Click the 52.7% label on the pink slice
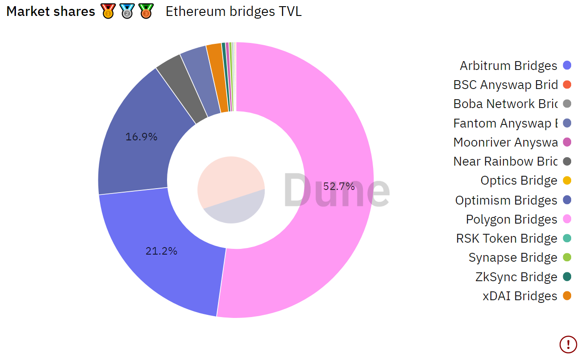tap(339, 186)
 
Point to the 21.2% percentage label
tap(161, 251)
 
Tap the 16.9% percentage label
tap(141, 137)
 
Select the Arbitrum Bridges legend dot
tap(567, 66)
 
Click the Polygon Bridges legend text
tap(511, 219)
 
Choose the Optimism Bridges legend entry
tap(506, 200)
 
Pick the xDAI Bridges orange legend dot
tap(567, 296)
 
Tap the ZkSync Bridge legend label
tap(516, 277)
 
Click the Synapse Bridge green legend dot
tap(567, 257)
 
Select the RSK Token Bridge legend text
tap(506, 238)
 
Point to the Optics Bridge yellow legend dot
tap(567, 181)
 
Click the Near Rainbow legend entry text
tap(505, 161)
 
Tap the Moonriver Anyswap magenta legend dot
tap(567, 142)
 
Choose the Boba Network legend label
tap(505, 104)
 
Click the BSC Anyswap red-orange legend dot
tap(567, 85)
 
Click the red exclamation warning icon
tap(568, 344)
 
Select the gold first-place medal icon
tap(108, 11)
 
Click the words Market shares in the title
tap(51, 12)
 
